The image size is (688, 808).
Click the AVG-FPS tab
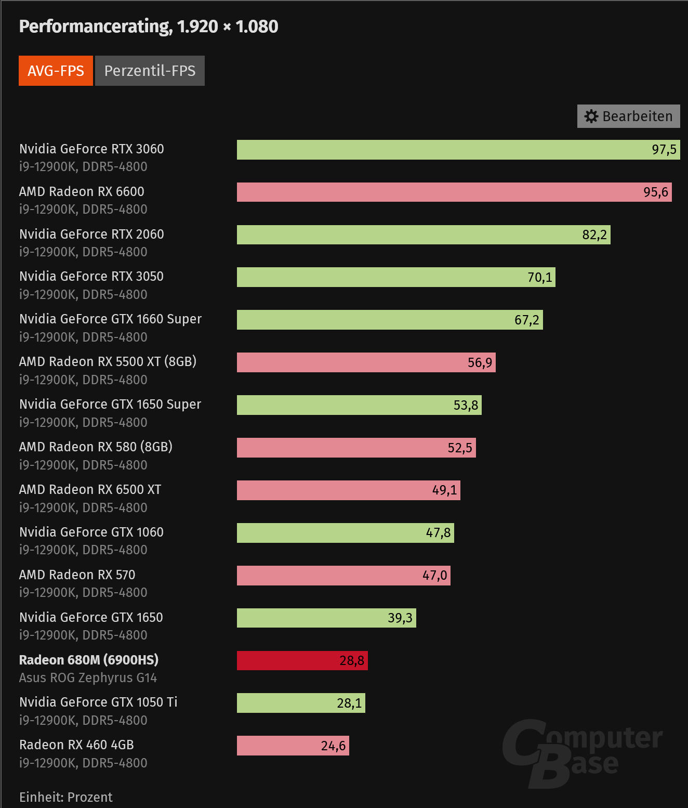click(x=56, y=71)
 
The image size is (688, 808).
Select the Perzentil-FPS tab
click(x=150, y=71)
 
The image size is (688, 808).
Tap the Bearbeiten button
click(x=628, y=116)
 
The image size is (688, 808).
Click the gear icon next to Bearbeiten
click(x=591, y=116)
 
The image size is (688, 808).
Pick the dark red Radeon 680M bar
click(x=302, y=661)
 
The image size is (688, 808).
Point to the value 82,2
click(x=594, y=235)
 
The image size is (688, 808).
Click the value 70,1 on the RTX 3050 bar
click(x=540, y=278)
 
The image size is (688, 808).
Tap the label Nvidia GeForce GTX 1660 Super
click(x=110, y=319)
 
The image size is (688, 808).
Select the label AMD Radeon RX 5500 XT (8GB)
click(x=108, y=362)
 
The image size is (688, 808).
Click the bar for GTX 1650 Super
click(x=359, y=406)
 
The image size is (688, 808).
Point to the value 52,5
click(x=460, y=448)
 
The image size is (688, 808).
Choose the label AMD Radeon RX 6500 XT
click(x=90, y=490)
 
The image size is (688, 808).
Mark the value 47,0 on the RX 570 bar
click(x=434, y=576)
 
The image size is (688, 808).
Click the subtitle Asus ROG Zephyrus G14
click(x=88, y=678)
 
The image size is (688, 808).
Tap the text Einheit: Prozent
click(x=66, y=797)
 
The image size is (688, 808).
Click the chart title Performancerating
click(x=148, y=27)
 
